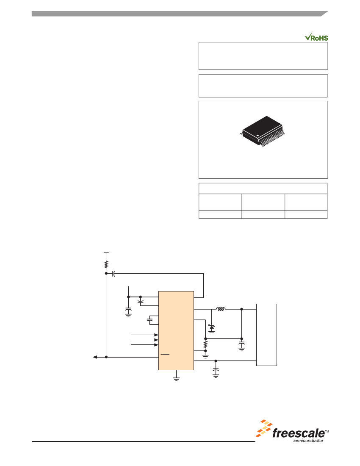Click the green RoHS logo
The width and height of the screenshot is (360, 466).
316,37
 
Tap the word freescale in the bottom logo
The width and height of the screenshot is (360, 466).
298,433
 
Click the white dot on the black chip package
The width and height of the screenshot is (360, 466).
258,136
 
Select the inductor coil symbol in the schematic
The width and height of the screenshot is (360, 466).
220,309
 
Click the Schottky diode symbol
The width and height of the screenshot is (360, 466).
211,327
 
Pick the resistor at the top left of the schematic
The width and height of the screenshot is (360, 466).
106,264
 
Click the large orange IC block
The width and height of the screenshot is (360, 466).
176,330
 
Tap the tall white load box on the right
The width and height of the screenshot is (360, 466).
266,335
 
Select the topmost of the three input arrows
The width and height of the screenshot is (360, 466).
144,335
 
